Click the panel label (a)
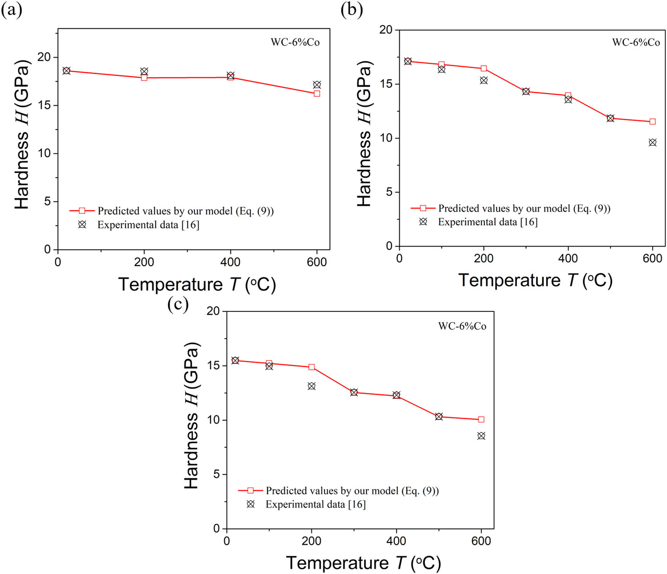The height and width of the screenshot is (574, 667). click(x=11, y=10)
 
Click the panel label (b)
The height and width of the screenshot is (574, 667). click(x=352, y=10)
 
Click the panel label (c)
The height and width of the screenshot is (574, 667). click(x=178, y=305)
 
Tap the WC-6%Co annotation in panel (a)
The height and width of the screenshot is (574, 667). click(x=295, y=42)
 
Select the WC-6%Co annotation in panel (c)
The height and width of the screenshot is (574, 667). click(x=462, y=326)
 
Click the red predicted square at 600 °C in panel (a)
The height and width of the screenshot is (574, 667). click(x=317, y=94)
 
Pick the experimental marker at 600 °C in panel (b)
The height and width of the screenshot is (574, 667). click(x=653, y=143)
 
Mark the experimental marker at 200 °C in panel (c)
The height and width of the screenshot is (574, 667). click(x=312, y=386)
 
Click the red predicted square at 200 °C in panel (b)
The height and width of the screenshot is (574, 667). click(x=484, y=69)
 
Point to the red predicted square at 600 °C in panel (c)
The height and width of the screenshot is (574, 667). click(x=481, y=419)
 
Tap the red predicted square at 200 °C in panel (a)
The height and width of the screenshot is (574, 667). click(x=144, y=78)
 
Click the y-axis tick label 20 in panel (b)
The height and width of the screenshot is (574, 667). click(x=386, y=30)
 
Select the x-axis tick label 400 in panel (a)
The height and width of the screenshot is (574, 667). click(x=231, y=262)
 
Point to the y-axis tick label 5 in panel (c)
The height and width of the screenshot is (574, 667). click(x=216, y=474)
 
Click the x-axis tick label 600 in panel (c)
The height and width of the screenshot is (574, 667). click(x=481, y=541)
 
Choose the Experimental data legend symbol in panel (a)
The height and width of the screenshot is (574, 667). click(x=82, y=225)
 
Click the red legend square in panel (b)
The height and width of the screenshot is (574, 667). click(x=423, y=208)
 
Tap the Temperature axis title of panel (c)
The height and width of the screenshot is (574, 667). click(x=363, y=563)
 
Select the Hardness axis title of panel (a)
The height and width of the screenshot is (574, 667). click(x=22, y=134)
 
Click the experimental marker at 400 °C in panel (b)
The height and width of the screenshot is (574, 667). click(x=568, y=100)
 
